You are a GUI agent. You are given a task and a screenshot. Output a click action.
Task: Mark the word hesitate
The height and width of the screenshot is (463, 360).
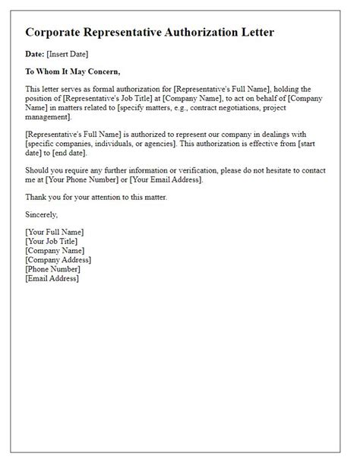point(290,170)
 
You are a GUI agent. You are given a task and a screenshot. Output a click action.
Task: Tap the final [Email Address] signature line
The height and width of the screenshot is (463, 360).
point(52,278)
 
